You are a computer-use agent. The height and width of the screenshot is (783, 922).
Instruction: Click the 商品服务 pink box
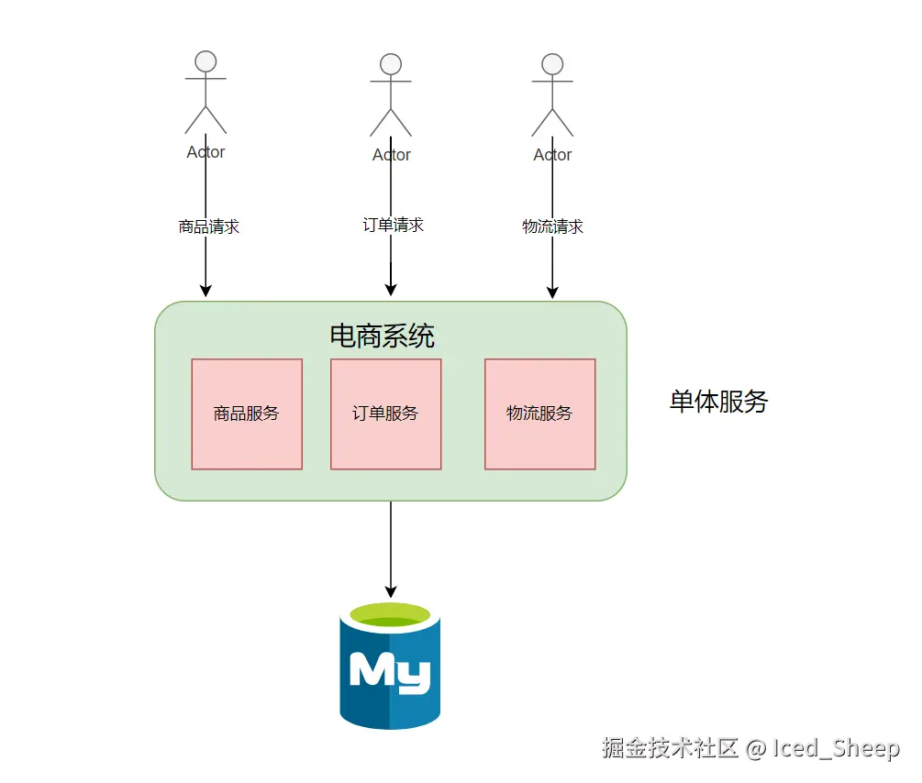pyautogui.click(x=247, y=414)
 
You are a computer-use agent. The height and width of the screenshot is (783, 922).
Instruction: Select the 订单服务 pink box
pyautogui.click(x=385, y=414)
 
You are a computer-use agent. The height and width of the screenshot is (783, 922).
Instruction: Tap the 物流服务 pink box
pyautogui.click(x=539, y=414)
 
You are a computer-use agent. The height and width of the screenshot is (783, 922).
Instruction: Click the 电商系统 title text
pyautogui.click(x=382, y=336)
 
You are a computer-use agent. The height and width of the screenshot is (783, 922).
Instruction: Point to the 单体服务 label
pyautogui.click(x=718, y=402)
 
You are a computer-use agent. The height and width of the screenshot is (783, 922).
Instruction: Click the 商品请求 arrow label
pyautogui.click(x=208, y=226)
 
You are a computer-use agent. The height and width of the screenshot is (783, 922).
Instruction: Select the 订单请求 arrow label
pyautogui.click(x=393, y=225)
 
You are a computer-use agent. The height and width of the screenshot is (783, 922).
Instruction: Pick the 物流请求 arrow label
pyautogui.click(x=552, y=226)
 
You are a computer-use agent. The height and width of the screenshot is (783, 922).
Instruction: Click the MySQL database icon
pyautogui.click(x=390, y=666)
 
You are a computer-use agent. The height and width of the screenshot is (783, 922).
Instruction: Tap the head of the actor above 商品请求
pyautogui.click(x=206, y=61)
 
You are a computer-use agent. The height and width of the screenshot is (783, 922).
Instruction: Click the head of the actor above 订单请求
pyautogui.click(x=391, y=64)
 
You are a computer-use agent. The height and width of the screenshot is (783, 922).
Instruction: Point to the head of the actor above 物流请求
pyautogui.click(x=552, y=64)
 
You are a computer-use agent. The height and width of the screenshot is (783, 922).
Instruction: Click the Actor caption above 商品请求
pyautogui.click(x=206, y=152)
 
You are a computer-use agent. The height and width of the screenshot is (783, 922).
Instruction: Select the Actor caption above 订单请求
pyautogui.click(x=391, y=155)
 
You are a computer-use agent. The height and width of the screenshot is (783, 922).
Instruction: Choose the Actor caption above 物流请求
pyautogui.click(x=552, y=155)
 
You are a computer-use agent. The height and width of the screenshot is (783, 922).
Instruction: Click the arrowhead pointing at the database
pyautogui.click(x=391, y=590)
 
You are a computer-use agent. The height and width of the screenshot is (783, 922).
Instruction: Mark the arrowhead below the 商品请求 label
pyautogui.click(x=206, y=290)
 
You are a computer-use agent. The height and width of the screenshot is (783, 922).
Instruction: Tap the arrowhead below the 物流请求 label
pyautogui.click(x=552, y=292)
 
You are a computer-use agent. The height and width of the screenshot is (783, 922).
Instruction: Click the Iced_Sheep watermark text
pyautogui.click(x=835, y=748)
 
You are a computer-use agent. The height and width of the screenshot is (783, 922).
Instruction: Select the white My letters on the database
pyautogui.click(x=390, y=672)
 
